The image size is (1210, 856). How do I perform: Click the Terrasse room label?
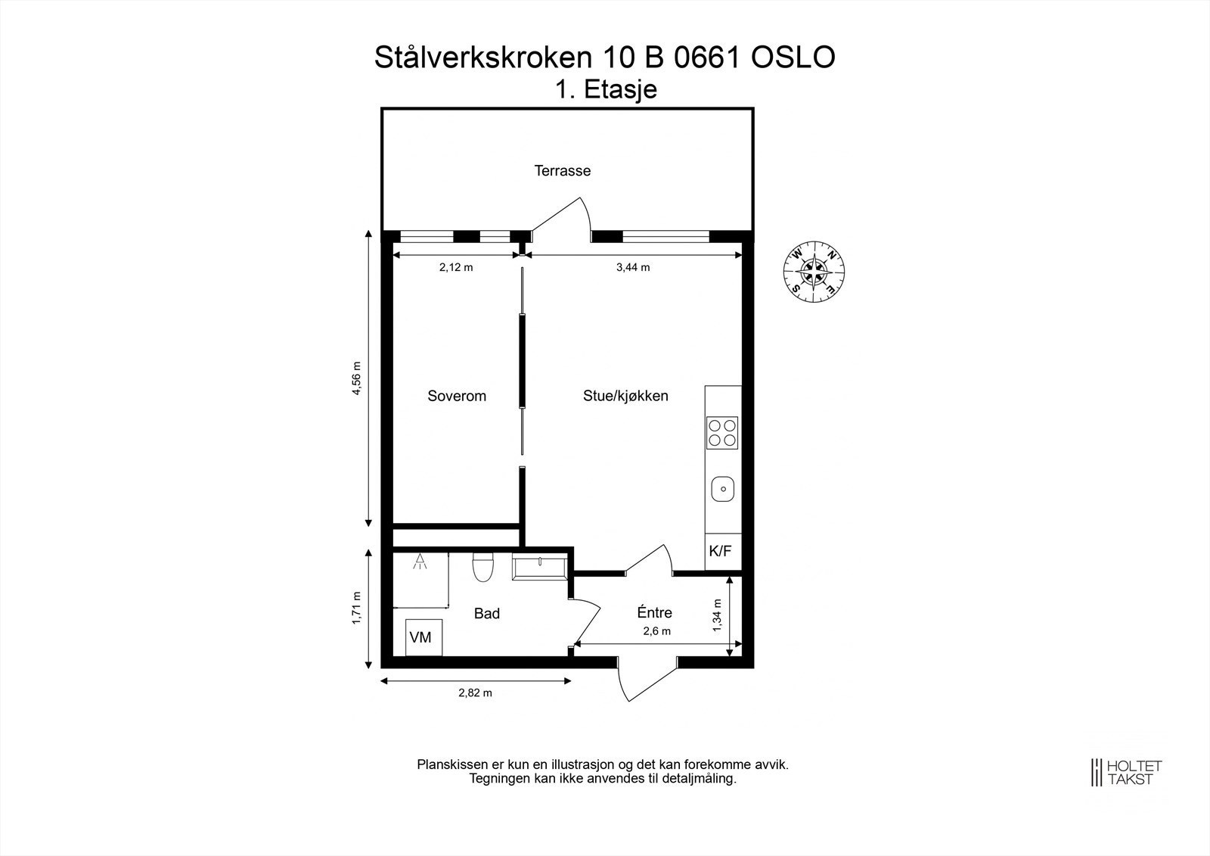pos(563,171)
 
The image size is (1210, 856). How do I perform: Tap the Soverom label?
pos(457,396)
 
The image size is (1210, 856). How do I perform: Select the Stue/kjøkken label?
pos(625,396)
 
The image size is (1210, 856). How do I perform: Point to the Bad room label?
pos(487,614)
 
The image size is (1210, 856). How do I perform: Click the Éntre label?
pos(655,613)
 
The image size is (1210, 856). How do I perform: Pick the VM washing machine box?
pos(420,637)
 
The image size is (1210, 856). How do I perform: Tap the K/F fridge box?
pos(720,551)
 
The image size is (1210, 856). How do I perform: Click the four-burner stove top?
pos(722,432)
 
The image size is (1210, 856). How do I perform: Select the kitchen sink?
pos(723,489)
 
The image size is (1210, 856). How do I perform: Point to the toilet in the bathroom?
pos(482,567)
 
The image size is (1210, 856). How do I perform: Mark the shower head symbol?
pos(419,562)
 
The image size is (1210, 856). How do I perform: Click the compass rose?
pos(814,270)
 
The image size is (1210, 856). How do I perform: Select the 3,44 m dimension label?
pos(633,267)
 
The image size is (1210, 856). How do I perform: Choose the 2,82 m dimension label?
pos(476,693)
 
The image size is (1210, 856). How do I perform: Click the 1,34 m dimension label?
pos(717,615)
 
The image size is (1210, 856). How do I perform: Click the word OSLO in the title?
pos(793,58)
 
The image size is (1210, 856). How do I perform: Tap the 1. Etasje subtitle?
pos(606,89)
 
